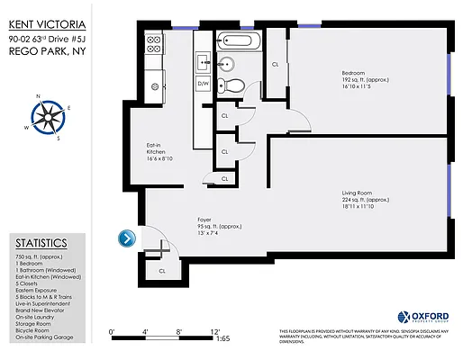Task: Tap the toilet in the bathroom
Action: (x=235, y=85)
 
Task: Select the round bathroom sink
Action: (x=226, y=63)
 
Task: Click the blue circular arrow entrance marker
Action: (x=127, y=238)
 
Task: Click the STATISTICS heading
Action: (x=41, y=243)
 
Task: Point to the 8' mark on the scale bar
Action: (x=179, y=332)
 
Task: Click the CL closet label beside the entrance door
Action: (x=163, y=270)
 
